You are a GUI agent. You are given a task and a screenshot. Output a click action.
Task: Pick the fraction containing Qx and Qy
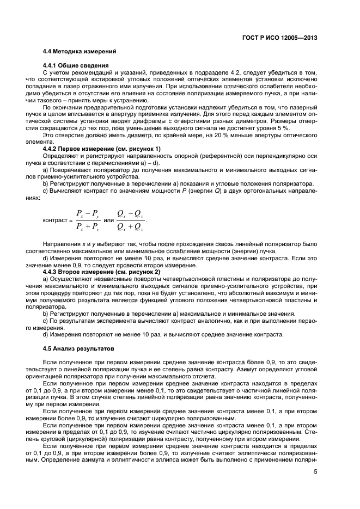[x=131, y=220]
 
